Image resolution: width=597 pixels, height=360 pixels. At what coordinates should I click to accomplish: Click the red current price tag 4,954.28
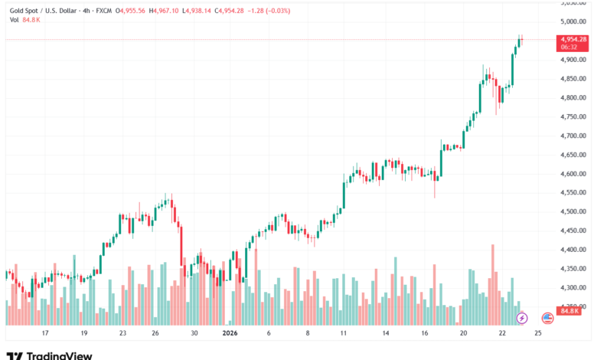573,41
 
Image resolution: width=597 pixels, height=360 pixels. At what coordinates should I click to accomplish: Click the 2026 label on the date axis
230,334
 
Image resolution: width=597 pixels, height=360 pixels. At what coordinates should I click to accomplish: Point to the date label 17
45,334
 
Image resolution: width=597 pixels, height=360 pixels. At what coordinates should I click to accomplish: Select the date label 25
538,334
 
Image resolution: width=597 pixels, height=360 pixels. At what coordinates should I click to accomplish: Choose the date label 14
387,334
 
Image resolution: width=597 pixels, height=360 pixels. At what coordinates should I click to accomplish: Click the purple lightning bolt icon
522,317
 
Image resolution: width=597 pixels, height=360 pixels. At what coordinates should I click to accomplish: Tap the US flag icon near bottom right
548,317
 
